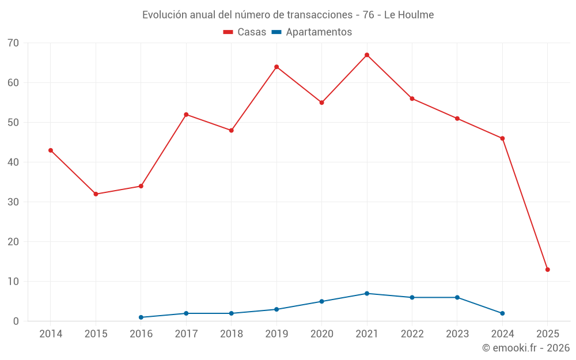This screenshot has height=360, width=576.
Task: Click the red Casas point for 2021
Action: pos(367,55)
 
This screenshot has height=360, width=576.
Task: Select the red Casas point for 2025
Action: pos(548,270)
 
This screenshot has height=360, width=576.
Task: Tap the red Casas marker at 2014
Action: pos(51,150)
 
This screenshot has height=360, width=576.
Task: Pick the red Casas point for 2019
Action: pos(276,67)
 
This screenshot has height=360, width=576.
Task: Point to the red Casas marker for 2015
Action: pos(96,194)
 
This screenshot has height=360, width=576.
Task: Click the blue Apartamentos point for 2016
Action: pos(141,317)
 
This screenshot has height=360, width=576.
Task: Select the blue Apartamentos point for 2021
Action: pos(367,294)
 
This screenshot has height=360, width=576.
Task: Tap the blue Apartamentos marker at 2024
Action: pos(502,313)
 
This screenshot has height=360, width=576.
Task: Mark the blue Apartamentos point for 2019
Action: pos(276,309)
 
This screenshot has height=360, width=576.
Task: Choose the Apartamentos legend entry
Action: pos(319,32)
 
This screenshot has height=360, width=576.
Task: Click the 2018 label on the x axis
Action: pos(232,334)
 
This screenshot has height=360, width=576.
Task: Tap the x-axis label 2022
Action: pos(412,334)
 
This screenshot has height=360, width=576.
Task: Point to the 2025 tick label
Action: pos(548,334)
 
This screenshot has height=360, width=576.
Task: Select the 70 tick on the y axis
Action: pos(13,43)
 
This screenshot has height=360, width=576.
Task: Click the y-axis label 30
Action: pos(13,202)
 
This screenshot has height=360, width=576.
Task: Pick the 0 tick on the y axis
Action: pos(16,321)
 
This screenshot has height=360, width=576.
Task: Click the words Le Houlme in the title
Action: pos(408,14)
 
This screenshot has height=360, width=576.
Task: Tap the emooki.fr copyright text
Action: pos(526,348)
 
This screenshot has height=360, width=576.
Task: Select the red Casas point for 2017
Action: pos(186,115)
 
